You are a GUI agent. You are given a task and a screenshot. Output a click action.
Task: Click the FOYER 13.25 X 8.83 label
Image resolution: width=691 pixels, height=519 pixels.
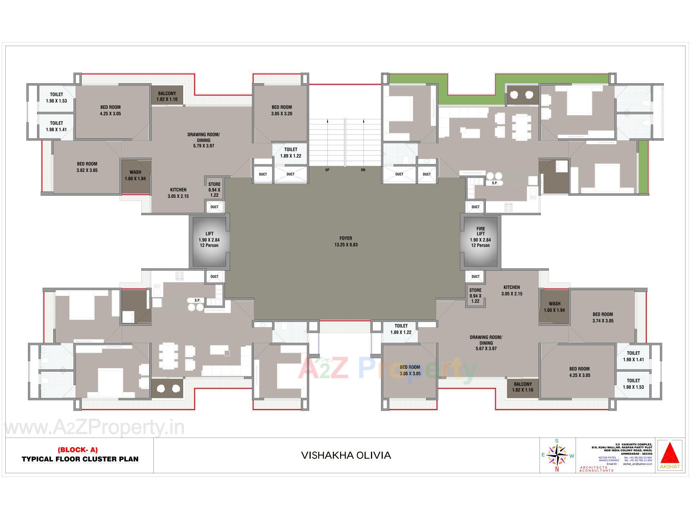[x=345, y=241]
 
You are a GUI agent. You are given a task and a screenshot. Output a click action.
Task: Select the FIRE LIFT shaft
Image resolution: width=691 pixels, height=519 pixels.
[x=480, y=237]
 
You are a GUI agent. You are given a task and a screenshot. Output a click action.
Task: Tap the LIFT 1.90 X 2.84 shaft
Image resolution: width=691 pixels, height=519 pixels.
[x=209, y=240]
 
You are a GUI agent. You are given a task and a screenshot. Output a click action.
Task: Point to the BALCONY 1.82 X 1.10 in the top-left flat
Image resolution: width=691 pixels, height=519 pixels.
[x=167, y=96]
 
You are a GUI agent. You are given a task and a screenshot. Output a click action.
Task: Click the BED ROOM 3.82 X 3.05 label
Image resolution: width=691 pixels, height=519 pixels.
[x=87, y=167]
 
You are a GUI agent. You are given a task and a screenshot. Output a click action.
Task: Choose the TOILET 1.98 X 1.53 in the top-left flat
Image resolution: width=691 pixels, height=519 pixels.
[x=57, y=98]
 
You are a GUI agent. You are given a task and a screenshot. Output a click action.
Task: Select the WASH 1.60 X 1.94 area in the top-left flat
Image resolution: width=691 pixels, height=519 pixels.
[x=135, y=176]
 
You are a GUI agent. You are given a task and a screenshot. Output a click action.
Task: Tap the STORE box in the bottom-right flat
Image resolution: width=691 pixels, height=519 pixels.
[x=475, y=296]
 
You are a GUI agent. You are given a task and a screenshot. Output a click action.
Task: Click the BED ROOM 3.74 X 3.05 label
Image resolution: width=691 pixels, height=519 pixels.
[x=602, y=318]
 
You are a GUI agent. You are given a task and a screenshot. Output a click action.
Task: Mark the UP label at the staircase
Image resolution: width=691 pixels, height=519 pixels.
[x=327, y=170]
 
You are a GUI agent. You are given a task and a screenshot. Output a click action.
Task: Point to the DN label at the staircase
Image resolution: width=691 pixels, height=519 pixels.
[x=363, y=170]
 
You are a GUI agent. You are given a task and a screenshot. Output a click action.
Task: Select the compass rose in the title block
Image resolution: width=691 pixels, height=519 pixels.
[x=557, y=455]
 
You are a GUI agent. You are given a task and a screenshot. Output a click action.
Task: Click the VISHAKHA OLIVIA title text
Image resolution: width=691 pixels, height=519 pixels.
[x=346, y=456]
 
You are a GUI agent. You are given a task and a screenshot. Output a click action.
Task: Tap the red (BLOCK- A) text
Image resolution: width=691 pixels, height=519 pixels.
[x=77, y=450]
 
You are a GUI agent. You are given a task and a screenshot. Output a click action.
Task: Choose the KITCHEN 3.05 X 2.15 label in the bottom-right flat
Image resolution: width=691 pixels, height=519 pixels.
[x=511, y=290]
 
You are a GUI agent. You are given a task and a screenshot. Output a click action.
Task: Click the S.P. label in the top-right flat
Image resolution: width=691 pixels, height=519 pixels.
[x=494, y=183]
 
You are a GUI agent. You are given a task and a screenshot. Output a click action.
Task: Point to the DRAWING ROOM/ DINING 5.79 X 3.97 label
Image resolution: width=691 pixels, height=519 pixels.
[x=203, y=140]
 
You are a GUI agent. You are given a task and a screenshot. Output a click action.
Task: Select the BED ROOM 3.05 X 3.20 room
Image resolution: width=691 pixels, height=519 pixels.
[x=281, y=110]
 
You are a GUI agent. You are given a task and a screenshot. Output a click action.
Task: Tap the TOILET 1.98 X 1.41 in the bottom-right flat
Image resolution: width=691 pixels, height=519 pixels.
[x=633, y=356]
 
